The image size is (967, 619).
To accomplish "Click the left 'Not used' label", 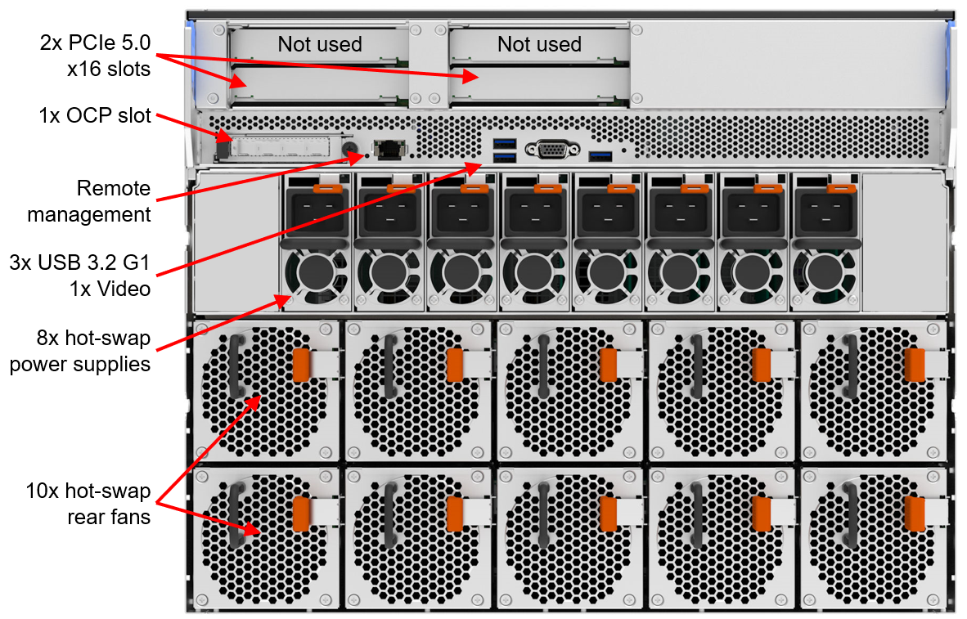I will click(319, 44).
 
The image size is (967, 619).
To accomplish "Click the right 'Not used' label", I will click(539, 44).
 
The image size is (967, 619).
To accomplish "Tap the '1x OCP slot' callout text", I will click(95, 115).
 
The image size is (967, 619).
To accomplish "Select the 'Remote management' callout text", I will click(90, 202).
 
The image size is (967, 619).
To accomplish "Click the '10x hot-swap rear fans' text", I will click(88, 503).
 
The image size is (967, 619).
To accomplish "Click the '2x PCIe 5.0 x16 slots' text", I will click(96, 56).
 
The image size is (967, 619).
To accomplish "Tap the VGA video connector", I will click(553, 150).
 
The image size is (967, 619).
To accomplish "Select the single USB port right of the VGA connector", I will click(600, 155).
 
